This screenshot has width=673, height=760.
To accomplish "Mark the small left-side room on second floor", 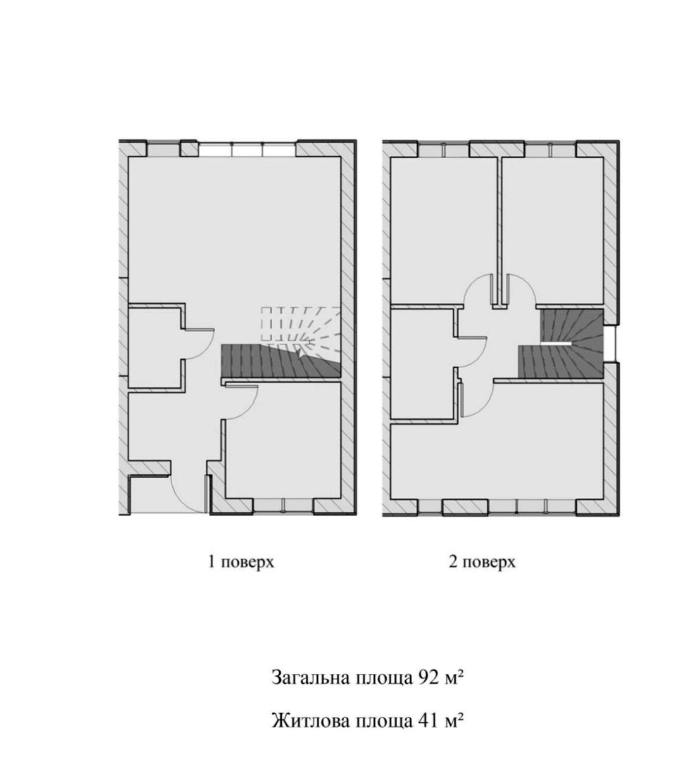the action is pos(422,363).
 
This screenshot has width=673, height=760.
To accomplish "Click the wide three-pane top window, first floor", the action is pos(247,149).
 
